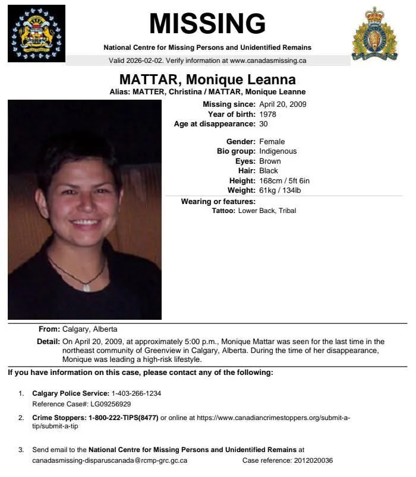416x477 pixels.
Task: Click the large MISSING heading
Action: coord(207,24)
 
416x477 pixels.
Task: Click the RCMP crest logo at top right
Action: coord(374,33)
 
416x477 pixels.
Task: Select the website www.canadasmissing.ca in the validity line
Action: coord(268,61)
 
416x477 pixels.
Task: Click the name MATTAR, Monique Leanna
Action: coord(207,79)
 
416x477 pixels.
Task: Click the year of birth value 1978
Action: coord(268,114)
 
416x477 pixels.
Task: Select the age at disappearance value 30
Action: coord(263,124)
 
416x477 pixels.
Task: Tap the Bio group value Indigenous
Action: coord(278,151)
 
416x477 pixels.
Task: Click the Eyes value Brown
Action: coord(270,161)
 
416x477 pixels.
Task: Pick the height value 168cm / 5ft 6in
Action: coord(285,180)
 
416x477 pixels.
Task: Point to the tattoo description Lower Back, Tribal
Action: coord(267,211)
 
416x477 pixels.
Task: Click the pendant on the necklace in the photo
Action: coord(86,288)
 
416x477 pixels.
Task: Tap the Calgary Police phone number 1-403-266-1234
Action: coord(137,393)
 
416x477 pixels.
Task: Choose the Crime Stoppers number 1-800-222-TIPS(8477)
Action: coord(124,418)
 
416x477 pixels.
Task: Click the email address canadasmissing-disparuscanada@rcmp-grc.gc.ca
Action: coord(110,460)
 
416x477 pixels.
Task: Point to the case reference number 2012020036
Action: coord(314,460)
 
